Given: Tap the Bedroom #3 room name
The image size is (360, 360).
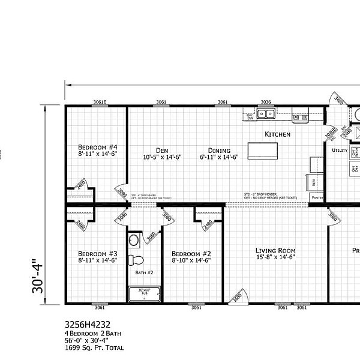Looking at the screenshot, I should pyautogui.click(x=97, y=253).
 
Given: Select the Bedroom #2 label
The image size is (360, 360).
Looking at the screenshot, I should pyautogui.click(x=190, y=253).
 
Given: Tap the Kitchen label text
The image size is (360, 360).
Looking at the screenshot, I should pyautogui.click(x=278, y=134).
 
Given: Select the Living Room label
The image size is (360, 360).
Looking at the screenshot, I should pyautogui.click(x=275, y=250).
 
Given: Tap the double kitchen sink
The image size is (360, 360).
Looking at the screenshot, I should pyautogui.click(x=266, y=114).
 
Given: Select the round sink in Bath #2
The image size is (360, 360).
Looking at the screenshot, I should pyautogui.click(x=135, y=241).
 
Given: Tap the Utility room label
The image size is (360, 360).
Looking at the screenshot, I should pyautogui.click(x=340, y=151).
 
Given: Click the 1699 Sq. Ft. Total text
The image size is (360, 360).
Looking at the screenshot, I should pyautogui.click(x=94, y=347).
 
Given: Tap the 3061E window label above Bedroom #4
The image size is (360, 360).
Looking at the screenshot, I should pyautogui.click(x=100, y=102).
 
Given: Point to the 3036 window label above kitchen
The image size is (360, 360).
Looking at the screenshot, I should pyautogui.click(x=266, y=102).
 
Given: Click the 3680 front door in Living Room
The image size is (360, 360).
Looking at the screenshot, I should pyautogui.click(x=238, y=296).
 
